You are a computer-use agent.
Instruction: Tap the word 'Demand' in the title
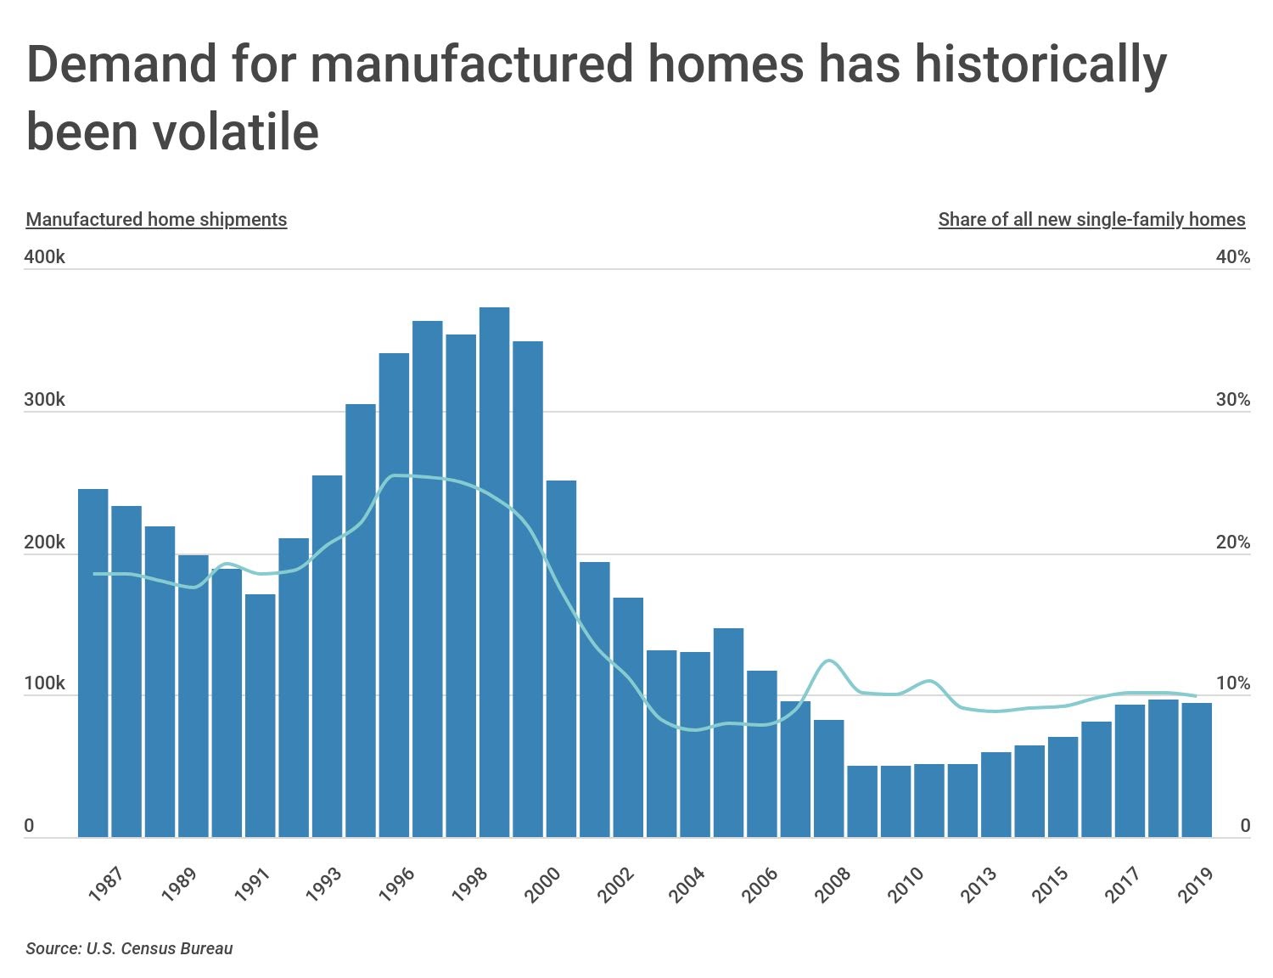[x=121, y=64]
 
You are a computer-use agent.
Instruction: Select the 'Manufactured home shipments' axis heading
[x=156, y=219]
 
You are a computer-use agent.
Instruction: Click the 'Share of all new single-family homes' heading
[x=1091, y=219]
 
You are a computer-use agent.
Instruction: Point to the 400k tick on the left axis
[x=44, y=256]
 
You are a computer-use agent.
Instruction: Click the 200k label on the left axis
[x=44, y=542]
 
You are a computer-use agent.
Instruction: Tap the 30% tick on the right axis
[x=1232, y=399]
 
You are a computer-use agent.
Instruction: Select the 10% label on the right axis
[x=1232, y=683]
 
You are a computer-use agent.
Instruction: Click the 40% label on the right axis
[x=1232, y=256]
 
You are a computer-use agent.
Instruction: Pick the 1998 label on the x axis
[x=470, y=885]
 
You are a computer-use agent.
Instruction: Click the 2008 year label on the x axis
[x=832, y=885]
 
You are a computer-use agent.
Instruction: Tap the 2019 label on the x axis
[x=1195, y=885]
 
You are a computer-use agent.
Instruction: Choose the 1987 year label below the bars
[x=106, y=885]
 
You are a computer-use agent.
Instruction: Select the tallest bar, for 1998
[x=494, y=569]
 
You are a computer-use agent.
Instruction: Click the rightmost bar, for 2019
[x=1197, y=768]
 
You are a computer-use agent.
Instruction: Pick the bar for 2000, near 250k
[x=561, y=658]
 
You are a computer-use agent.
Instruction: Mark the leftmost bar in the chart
[x=93, y=662]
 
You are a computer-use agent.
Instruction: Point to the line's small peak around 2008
[x=829, y=660]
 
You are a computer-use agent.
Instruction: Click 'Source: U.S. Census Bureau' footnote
[x=129, y=948]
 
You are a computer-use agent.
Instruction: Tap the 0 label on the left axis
[x=30, y=825]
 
